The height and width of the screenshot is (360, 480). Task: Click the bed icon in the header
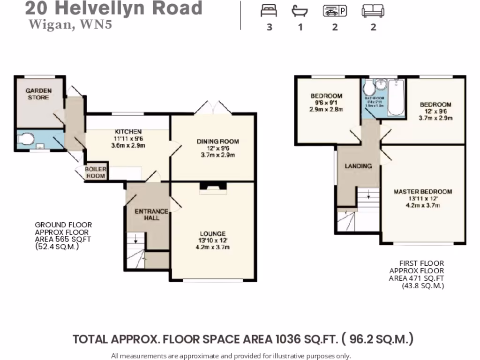pos(269,11)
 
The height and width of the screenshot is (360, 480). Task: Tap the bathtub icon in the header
pos(300,11)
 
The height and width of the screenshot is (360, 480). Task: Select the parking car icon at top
pos(335,11)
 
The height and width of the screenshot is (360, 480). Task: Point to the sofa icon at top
pos(373,11)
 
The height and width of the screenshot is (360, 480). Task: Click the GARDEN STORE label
pos(38,94)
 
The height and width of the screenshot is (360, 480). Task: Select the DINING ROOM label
pos(217,141)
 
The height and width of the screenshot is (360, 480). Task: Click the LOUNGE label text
pos(212,233)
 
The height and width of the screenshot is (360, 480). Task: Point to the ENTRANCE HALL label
pos(151,214)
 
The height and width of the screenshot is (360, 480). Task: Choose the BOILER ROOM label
pos(96,172)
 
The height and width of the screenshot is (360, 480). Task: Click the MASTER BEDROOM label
pos(423,191)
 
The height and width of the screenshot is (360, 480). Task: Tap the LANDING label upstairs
pos(358,166)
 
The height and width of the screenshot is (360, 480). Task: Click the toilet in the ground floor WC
pos(26,140)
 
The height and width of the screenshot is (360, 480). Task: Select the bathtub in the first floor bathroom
pos(396,97)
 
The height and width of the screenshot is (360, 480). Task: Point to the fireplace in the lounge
pos(213,188)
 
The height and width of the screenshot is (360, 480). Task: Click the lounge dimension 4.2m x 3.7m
pos(212,247)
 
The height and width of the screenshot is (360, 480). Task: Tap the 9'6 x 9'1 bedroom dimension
pos(326,103)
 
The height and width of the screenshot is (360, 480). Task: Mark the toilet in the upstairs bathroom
pos(370,88)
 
